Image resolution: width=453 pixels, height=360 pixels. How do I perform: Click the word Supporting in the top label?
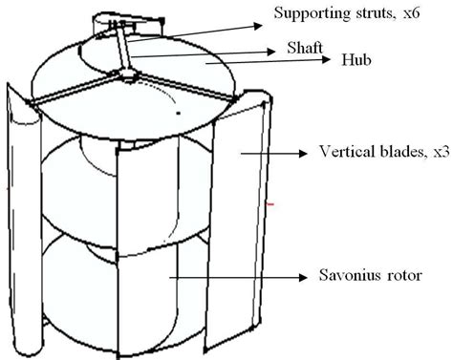click(304, 13)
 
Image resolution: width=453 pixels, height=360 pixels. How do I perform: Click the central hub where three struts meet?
click(127, 73)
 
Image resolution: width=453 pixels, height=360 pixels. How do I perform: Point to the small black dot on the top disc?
click(177, 113)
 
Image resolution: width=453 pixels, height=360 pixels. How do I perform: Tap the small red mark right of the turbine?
click(271, 203)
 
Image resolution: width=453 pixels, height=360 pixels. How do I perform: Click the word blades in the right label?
click(390, 153)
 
